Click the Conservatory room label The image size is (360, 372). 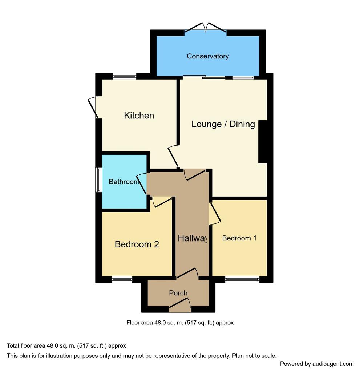point(208,56)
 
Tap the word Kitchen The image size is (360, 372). point(139,116)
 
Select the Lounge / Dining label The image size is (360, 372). point(223,124)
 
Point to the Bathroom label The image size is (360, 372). point(124,182)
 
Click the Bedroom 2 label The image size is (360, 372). point(137,244)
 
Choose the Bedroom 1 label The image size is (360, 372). point(239,238)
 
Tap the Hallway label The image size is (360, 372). point(192,238)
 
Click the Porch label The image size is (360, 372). point(178,293)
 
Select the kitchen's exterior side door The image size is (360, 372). point(93,107)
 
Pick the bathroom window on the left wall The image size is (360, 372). point(99,179)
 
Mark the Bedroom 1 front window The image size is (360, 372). point(242,279)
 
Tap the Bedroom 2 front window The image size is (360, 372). point(122,279)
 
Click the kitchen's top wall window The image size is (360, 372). point(125,76)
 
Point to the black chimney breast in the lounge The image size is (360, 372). point(263,142)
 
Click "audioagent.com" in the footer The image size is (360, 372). point(333,364)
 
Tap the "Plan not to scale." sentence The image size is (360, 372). point(254,356)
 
